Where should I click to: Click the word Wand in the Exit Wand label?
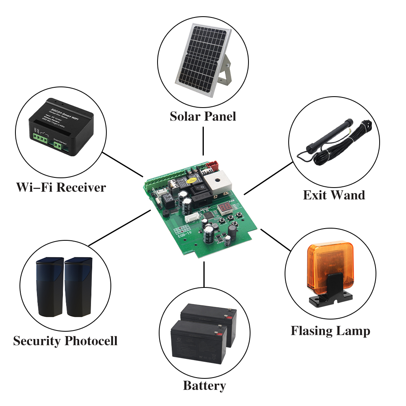[x=349, y=195]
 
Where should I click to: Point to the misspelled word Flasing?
[x=309, y=331]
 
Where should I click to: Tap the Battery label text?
[x=204, y=385]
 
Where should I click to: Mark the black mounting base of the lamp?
[x=329, y=298]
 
